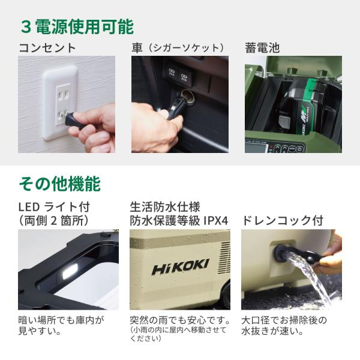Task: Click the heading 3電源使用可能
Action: point(77,27)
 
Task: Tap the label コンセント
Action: point(47,48)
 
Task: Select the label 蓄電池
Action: point(262,48)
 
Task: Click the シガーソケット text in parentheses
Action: point(185,48)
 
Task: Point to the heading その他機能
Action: point(59,184)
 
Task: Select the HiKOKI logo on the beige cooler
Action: point(181,267)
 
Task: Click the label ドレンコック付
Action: point(283,221)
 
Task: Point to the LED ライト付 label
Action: point(54,207)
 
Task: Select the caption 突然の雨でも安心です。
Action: point(180,320)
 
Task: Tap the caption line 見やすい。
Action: point(40,331)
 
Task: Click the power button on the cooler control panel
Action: point(299,149)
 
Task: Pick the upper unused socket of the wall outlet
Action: point(62,94)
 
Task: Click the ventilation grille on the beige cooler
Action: point(225,256)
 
